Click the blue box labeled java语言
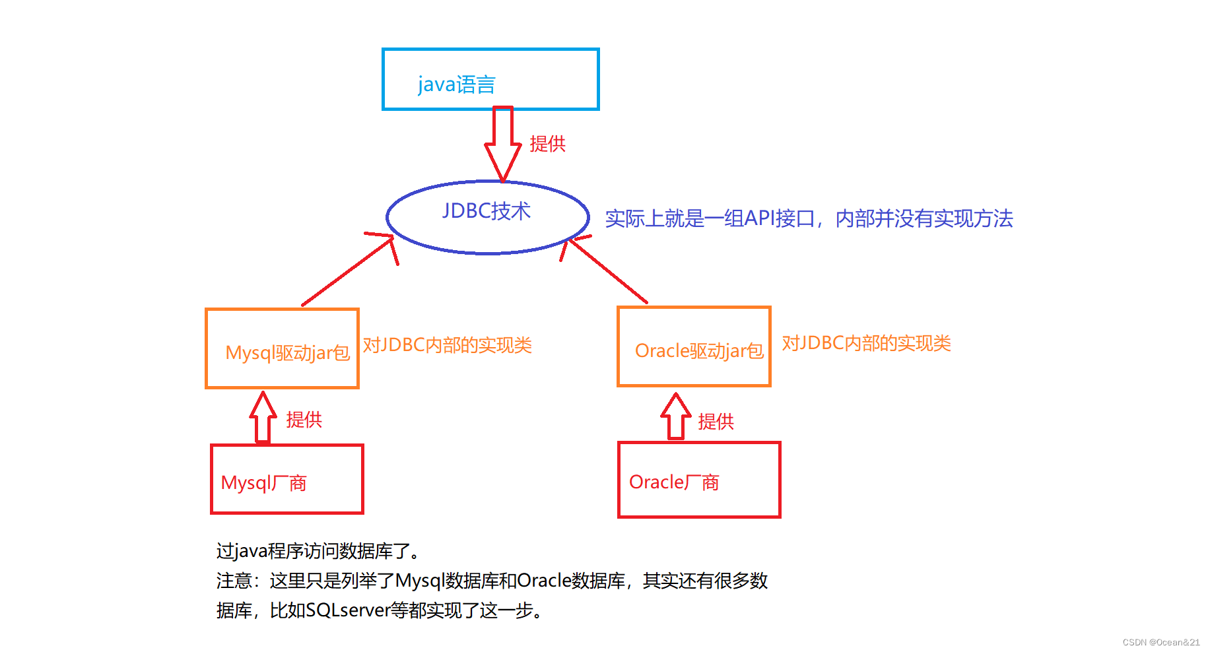(490, 79)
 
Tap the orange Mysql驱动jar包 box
(282, 348)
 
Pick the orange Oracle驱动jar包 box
(694, 346)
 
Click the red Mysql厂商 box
(286, 479)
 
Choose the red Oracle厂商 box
(699, 480)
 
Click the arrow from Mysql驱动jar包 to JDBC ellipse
(348, 271)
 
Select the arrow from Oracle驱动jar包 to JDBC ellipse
(607, 271)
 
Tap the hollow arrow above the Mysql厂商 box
(263, 417)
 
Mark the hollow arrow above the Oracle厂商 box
(675, 416)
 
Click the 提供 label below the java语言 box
(547, 144)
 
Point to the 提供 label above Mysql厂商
(304, 420)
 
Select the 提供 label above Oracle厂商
(716, 422)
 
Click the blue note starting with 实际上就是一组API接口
(809, 218)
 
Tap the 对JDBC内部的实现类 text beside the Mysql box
(447, 345)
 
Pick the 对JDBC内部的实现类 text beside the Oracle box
(866, 343)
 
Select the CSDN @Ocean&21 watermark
(1160, 642)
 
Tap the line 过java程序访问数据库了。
(318, 551)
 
